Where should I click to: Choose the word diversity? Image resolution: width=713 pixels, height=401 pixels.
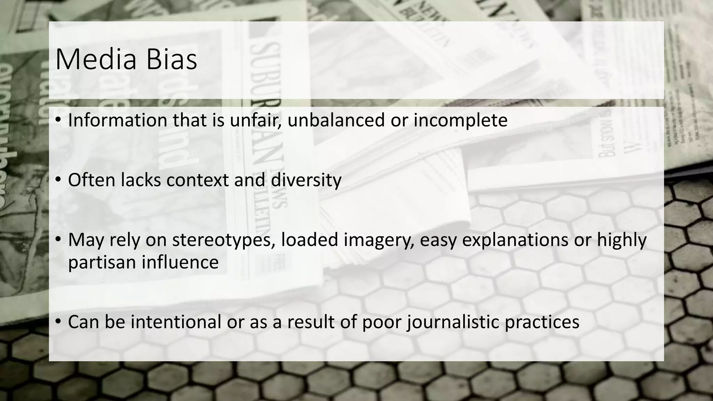tap(306, 181)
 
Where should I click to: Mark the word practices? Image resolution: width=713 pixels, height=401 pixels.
tap(542, 322)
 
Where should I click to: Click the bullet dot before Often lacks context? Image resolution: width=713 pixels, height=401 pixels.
tap(58, 180)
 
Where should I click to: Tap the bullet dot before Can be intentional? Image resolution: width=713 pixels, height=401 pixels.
tap(58, 321)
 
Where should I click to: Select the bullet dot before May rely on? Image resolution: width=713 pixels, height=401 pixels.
tap(58, 240)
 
